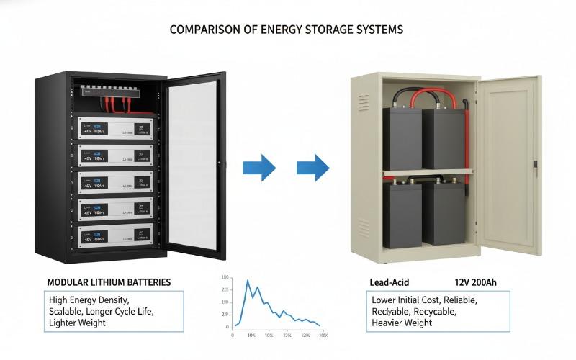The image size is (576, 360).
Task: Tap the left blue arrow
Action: (259, 168)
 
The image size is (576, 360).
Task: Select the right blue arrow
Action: (313, 168)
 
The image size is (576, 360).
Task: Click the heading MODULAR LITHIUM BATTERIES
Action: (109, 282)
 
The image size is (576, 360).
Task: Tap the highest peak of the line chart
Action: (248, 280)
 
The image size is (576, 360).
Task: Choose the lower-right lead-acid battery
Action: (444, 214)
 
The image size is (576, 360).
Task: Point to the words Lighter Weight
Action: (77, 323)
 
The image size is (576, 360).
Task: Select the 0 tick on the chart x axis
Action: (233, 336)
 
